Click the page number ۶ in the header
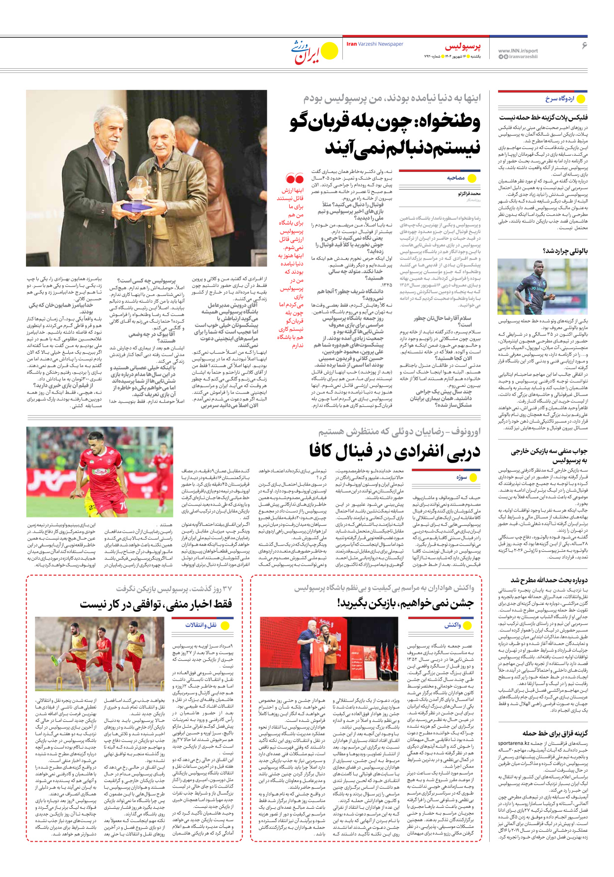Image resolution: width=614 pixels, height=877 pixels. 584,46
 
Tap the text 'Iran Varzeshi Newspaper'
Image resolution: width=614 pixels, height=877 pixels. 375,44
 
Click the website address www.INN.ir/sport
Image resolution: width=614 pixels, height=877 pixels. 518,51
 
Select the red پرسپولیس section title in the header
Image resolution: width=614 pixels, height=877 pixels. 463,47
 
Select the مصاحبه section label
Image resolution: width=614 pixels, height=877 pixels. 455,178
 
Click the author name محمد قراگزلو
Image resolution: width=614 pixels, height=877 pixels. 469,194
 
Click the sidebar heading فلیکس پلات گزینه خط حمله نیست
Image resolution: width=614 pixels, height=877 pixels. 543,117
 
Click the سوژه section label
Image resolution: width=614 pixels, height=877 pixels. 461,477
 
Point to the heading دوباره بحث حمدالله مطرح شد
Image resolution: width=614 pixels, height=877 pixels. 549,580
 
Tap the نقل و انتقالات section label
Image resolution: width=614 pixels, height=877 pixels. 201,625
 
